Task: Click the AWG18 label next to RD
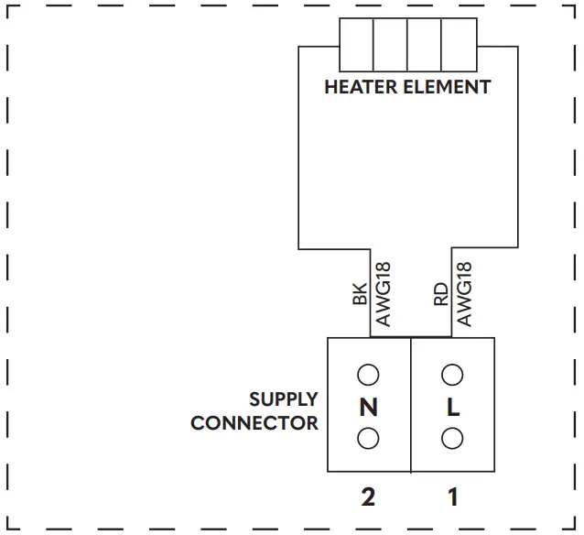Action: click(x=464, y=295)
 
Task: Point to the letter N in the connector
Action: click(x=368, y=408)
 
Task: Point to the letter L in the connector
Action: click(x=452, y=408)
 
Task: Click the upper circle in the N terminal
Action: click(x=368, y=375)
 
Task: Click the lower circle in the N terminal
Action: click(x=368, y=439)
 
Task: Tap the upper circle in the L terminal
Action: click(x=451, y=375)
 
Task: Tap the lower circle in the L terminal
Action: click(x=451, y=439)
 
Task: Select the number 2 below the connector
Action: click(x=368, y=498)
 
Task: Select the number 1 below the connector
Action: click(x=452, y=498)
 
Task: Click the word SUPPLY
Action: click(x=284, y=399)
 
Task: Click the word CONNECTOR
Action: click(x=254, y=423)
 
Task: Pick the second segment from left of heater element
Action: click(x=390, y=45)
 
